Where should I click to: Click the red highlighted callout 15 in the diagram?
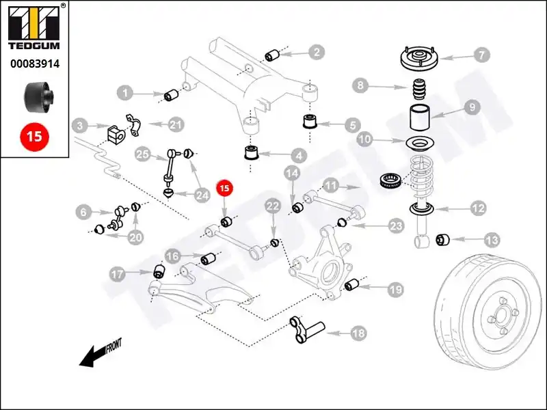[225, 187]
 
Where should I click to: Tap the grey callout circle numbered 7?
[481, 54]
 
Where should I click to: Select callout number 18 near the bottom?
[358, 333]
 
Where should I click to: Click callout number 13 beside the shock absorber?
[492, 240]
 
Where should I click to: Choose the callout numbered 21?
[176, 124]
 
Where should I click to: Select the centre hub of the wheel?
[496, 318]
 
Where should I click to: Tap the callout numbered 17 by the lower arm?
[118, 275]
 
